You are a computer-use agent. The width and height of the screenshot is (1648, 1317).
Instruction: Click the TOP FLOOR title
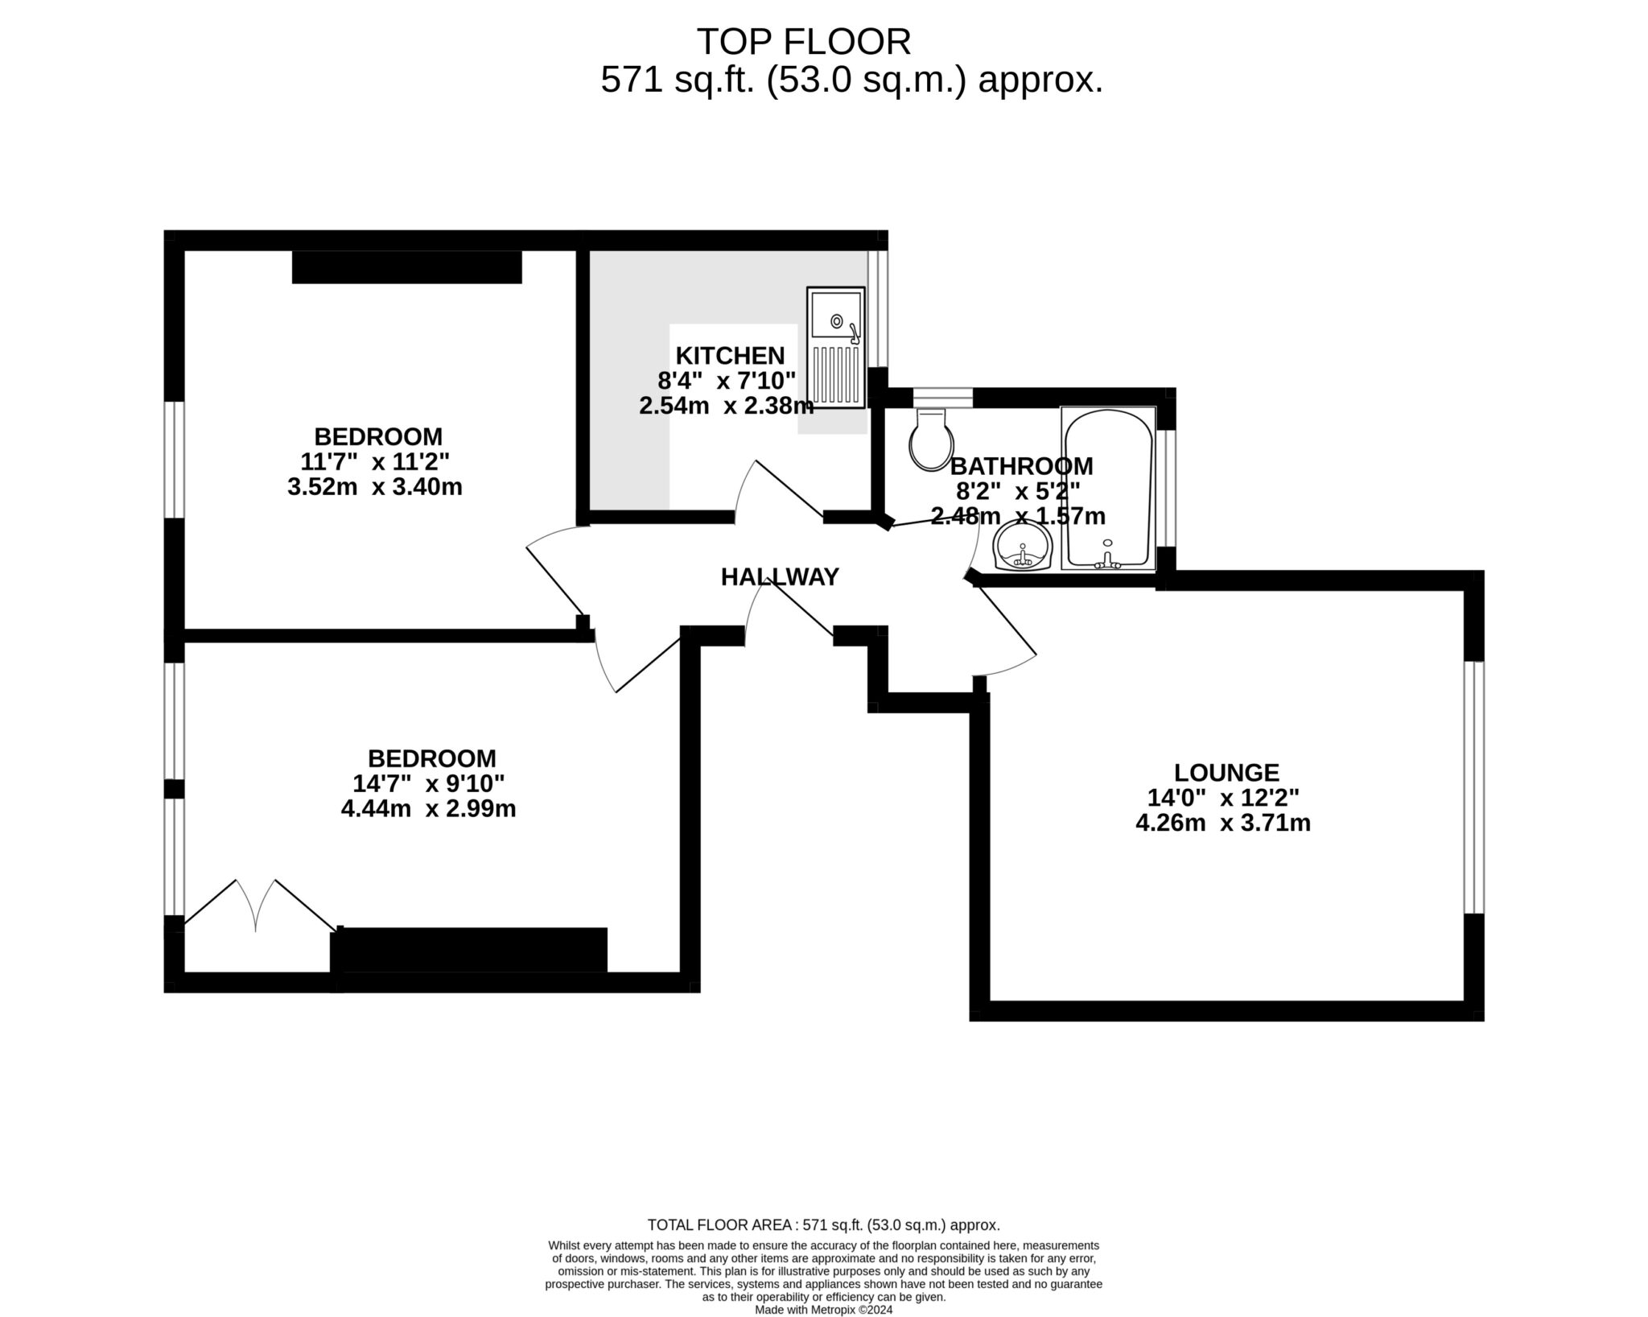pyautogui.click(x=803, y=42)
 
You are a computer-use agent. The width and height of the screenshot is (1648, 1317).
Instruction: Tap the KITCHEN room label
pyautogui.click(x=730, y=355)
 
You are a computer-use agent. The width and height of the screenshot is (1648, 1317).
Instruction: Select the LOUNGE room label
pyautogui.click(x=1226, y=773)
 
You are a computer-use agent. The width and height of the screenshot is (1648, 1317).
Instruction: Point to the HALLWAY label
pyautogui.click(x=780, y=576)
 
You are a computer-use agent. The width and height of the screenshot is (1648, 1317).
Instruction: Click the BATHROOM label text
pyautogui.click(x=1021, y=466)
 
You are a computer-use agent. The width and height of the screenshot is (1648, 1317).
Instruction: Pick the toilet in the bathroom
pyautogui.click(x=931, y=439)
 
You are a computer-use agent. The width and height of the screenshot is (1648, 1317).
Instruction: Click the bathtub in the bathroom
pyautogui.click(x=1108, y=489)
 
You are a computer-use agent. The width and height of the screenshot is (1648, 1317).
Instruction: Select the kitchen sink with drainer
pyautogui.click(x=836, y=347)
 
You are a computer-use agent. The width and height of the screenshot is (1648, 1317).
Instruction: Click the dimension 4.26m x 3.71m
pyautogui.click(x=1223, y=823)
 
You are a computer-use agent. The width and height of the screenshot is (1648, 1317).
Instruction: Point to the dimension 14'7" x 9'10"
pyautogui.click(x=429, y=783)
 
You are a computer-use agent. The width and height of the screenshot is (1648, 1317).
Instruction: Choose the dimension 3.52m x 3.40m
pyautogui.click(x=375, y=487)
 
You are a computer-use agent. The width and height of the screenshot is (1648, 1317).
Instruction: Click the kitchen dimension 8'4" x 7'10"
pyautogui.click(x=727, y=380)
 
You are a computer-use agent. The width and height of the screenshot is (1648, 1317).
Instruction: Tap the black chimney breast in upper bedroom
pyautogui.click(x=407, y=267)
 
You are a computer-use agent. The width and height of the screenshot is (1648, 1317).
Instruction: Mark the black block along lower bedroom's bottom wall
pyautogui.click(x=469, y=950)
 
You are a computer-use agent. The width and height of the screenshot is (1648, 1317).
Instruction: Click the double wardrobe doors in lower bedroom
pyautogui.click(x=256, y=906)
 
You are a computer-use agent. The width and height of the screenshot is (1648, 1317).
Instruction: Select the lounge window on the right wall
pyautogui.click(x=1474, y=787)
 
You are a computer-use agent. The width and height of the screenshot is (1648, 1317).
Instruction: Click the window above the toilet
pyautogui.click(x=943, y=397)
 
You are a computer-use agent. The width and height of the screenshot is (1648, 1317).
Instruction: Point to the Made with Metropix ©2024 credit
pyautogui.click(x=823, y=1310)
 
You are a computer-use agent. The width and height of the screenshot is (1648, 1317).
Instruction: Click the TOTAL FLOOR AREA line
pyautogui.click(x=824, y=1248)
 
